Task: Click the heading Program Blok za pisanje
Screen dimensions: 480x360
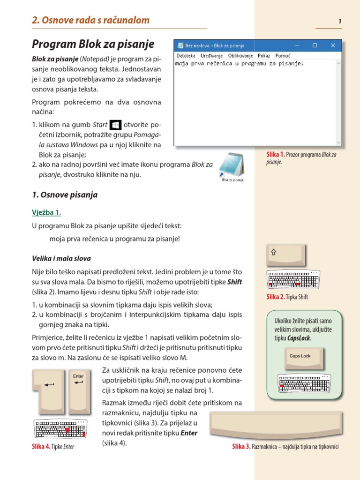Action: tap(93, 45)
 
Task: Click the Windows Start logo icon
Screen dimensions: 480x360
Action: tap(115, 125)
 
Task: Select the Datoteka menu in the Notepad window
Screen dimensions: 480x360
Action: tap(186, 55)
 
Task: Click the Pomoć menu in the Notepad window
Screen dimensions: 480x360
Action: tap(283, 55)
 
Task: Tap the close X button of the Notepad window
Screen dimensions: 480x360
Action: tap(333, 45)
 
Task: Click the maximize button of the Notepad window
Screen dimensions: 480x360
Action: tap(315, 45)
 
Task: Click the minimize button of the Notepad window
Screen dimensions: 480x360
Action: tap(297, 45)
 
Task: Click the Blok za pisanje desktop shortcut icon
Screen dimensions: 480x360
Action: tap(232, 165)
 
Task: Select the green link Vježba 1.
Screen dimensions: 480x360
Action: tap(46, 212)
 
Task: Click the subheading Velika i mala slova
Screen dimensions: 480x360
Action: tap(61, 258)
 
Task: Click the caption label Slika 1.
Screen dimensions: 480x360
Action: tap(276, 154)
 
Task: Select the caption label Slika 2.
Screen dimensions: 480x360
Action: tap(276, 297)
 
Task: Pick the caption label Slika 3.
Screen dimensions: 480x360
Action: tap(241, 446)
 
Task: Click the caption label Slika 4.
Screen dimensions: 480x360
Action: tap(41, 446)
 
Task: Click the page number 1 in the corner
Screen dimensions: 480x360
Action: tap(339, 21)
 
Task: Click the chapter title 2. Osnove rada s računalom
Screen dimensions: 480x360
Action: tap(90, 20)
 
